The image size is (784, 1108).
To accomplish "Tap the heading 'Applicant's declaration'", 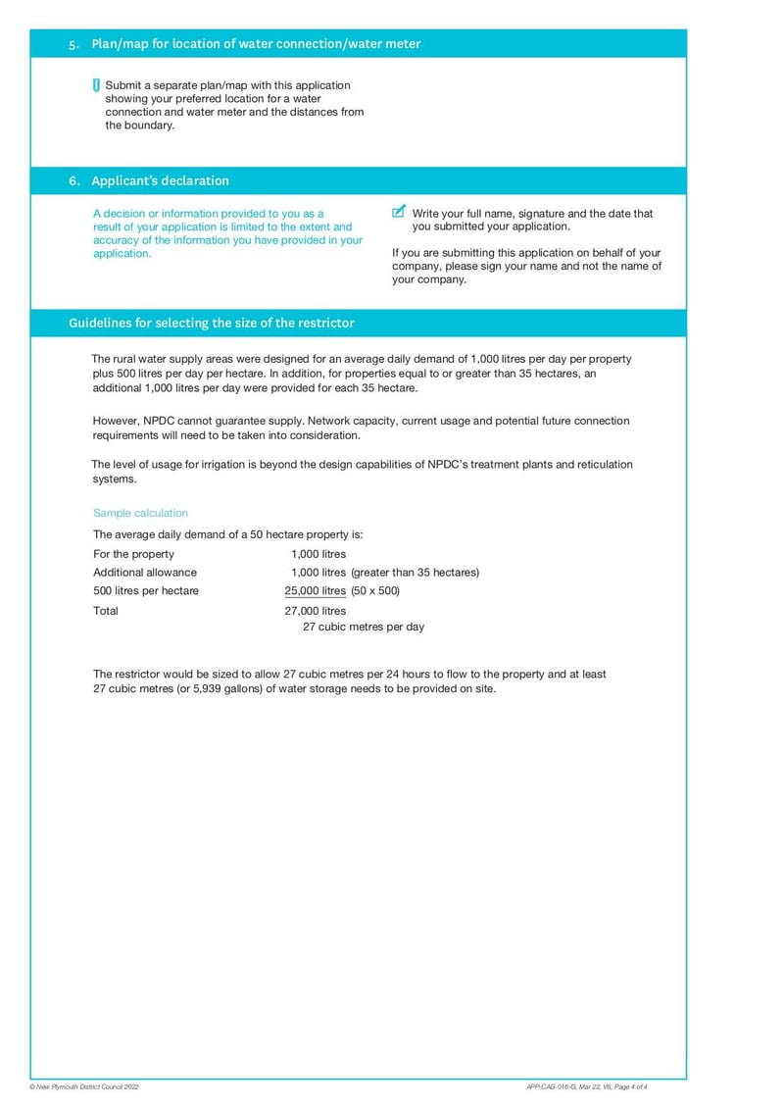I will (160, 181).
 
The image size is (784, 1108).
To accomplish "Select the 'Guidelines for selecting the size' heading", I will (211, 323).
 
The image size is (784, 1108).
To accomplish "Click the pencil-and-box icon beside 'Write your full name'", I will (398, 212).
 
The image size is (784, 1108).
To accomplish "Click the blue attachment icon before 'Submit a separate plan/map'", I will (96, 85).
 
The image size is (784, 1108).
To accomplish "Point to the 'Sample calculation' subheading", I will (140, 513).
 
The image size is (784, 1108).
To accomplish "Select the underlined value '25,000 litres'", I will (315, 591).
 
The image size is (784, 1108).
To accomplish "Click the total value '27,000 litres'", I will (315, 611).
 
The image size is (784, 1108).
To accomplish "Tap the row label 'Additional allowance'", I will (144, 573).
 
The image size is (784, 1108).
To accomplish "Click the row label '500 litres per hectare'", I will (145, 591).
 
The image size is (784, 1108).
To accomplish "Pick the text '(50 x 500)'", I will (375, 591).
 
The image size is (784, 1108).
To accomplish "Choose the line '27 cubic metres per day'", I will (363, 627).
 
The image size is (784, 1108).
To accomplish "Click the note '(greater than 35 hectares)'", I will (415, 573).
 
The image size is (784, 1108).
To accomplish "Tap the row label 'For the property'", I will (133, 554).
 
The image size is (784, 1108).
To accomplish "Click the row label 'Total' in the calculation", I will (106, 611).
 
